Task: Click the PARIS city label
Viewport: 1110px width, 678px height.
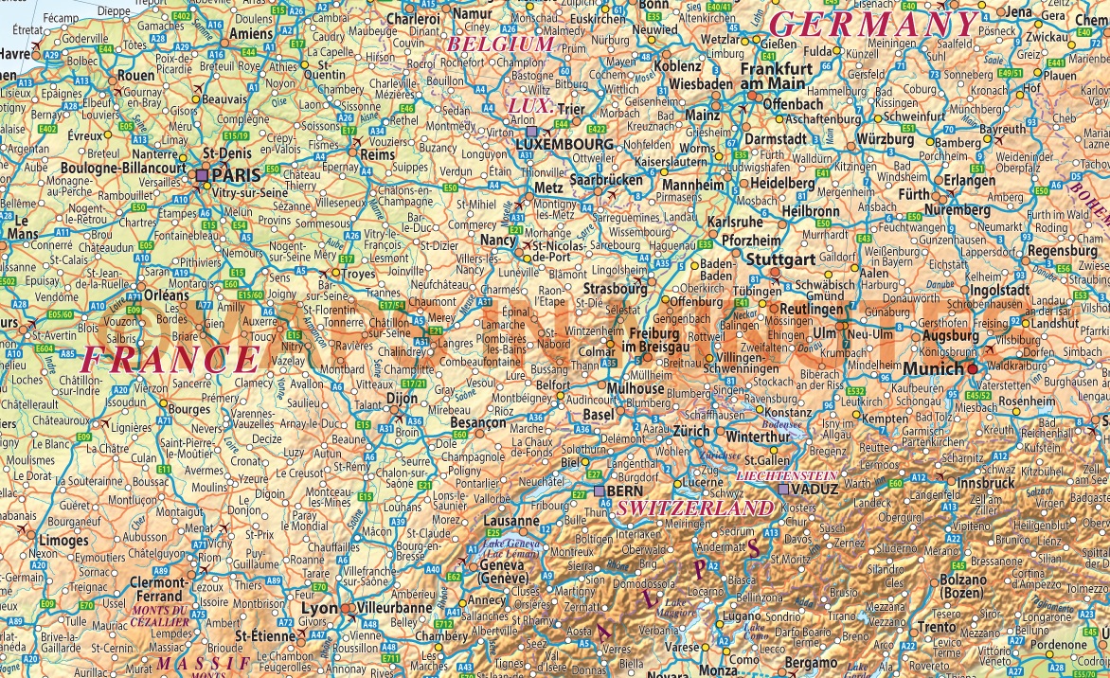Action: pos(236,175)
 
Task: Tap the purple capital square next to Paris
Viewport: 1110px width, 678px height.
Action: pos(202,175)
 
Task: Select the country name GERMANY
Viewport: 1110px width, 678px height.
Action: pos(872,25)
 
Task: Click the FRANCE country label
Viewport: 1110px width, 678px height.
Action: pos(170,359)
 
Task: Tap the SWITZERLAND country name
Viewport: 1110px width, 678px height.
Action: pos(694,508)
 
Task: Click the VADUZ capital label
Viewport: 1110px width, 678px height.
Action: pos(814,490)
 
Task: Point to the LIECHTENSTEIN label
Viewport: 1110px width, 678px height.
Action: pos(786,474)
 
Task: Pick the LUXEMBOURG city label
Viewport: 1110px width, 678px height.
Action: pos(566,144)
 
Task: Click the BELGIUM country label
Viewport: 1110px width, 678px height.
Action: pos(499,44)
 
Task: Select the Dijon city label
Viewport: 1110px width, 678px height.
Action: pos(402,399)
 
